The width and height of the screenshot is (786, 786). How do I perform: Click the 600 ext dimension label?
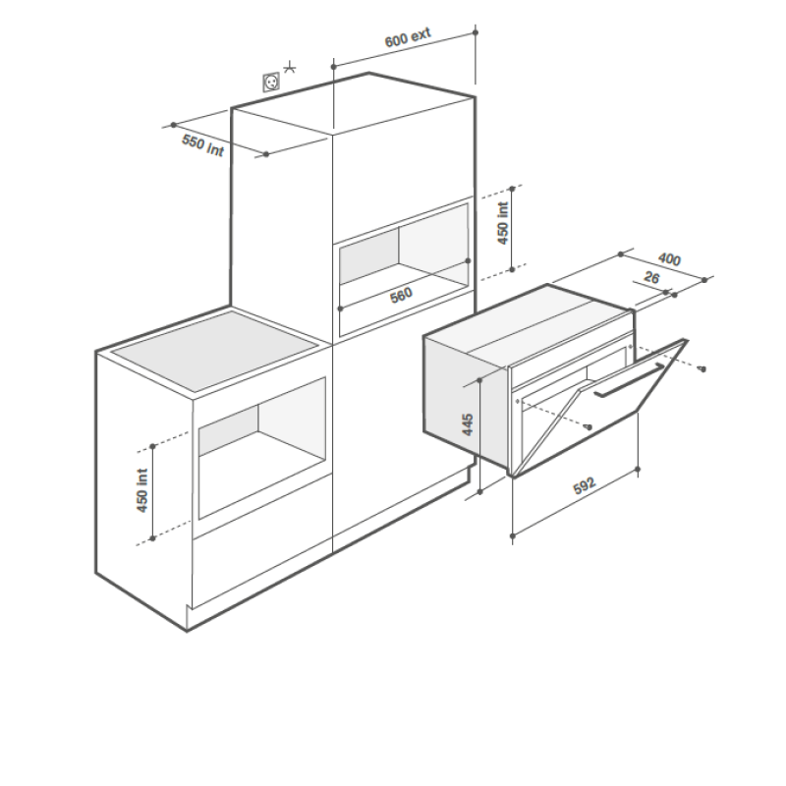[x=408, y=37]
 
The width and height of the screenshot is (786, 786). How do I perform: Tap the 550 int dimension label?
[x=202, y=145]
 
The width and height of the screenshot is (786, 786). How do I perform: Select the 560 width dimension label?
[x=401, y=296]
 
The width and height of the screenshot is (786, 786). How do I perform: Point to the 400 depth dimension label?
[x=670, y=258]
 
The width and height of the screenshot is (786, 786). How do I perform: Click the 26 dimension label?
[x=651, y=277]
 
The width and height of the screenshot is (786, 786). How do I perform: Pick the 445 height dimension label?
[x=468, y=424]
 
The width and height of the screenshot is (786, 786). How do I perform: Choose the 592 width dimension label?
[x=585, y=485]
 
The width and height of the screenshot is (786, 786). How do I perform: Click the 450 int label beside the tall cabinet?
[x=503, y=223]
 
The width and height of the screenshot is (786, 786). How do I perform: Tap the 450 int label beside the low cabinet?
[x=142, y=490]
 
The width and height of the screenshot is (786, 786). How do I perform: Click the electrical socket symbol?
[x=272, y=82]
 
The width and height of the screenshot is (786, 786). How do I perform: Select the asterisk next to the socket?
[x=289, y=67]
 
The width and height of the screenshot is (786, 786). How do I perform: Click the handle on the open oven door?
[x=630, y=380]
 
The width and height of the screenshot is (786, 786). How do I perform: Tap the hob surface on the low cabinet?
[x=214, y=351]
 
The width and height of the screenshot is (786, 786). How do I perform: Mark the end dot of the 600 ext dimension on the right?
[x=476, y=32]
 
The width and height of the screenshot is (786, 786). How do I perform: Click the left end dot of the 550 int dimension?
[x=174, y=125]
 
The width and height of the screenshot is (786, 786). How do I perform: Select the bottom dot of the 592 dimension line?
[x=512, y=536]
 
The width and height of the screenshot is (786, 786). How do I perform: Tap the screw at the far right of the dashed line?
[x=702, y=369]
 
